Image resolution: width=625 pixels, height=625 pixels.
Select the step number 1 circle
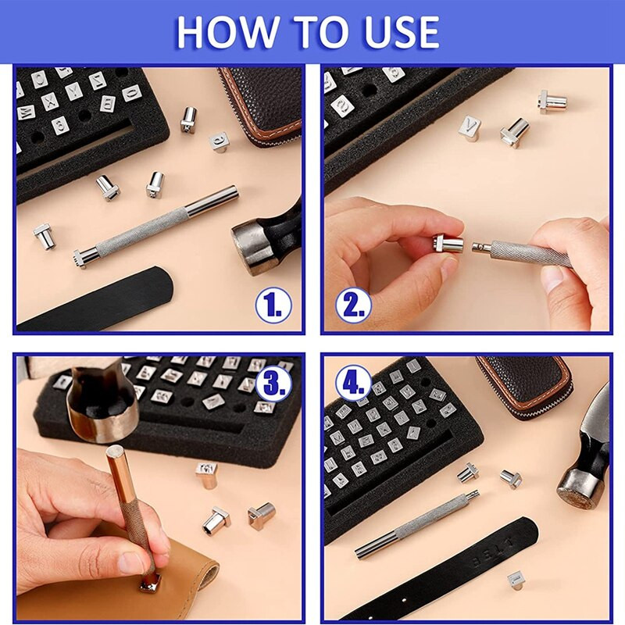273,305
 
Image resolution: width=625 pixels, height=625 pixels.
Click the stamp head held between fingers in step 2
448,245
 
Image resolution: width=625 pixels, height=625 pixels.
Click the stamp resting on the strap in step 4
516,579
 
